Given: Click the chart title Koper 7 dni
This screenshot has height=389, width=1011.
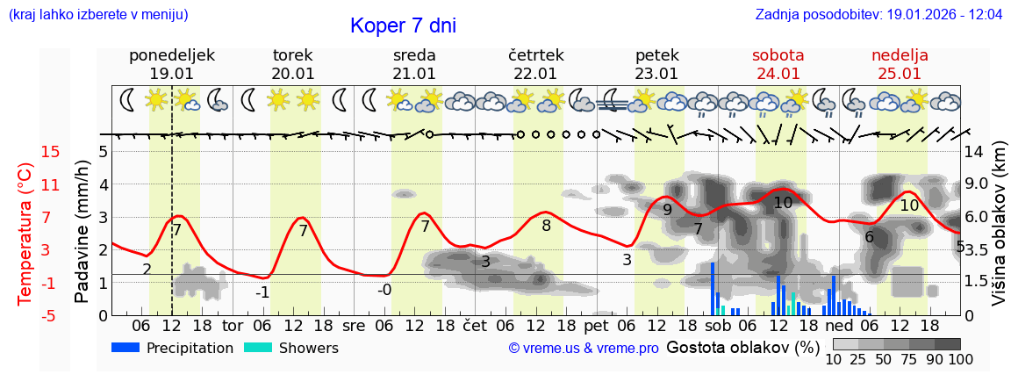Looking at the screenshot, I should tap(403, 25).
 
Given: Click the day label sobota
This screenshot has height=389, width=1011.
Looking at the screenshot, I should tap(778, 55).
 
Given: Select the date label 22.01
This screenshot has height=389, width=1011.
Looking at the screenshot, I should tap(535, 74).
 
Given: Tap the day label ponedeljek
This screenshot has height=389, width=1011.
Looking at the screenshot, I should tap(171, 55).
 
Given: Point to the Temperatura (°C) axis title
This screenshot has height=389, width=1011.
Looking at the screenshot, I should tap(25, 234).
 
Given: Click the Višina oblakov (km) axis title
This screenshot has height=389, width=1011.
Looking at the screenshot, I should tap(999, 234).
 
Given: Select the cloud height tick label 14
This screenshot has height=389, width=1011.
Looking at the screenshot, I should tap(974, 152).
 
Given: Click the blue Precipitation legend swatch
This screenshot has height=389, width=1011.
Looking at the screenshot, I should tap(126, 348).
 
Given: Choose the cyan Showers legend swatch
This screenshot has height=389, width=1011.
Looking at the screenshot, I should tap(258, 348).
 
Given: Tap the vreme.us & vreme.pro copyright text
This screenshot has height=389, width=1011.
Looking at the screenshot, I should tap(584, 349).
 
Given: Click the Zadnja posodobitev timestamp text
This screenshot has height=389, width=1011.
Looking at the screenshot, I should tap(878, 15).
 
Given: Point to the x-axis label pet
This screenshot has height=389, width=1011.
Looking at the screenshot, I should tap(596, 325).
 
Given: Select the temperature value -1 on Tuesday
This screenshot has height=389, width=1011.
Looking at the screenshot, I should tap(262, 292).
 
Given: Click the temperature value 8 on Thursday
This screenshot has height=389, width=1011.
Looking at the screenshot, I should tap(546, 226).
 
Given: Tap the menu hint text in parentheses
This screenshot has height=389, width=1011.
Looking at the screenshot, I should tap(97, 15).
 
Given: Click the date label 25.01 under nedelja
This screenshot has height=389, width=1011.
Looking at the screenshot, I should tap(900, 74).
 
